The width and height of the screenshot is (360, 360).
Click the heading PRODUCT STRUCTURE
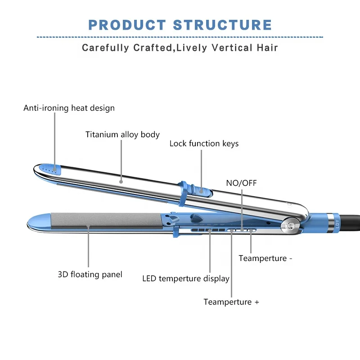[x=180, y=25]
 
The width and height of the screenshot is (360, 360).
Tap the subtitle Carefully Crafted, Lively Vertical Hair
[x=180, y=48]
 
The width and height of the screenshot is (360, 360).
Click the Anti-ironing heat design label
[x=69, y=108]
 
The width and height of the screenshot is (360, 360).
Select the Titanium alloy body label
[x=122, y=135]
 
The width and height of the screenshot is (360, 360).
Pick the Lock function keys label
[x=204, y=144]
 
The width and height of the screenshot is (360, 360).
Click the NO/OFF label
[x=241, y=183]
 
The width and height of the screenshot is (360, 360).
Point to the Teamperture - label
[x=265, y=258]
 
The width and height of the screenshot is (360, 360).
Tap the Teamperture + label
[x=231, y=302]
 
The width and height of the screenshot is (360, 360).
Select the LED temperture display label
[x=186, y=279]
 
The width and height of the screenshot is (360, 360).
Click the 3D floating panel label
[x=90, y=274]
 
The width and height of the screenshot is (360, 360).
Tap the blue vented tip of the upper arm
[x=50, y=168]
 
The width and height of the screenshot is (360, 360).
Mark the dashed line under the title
[x=180, y=37]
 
